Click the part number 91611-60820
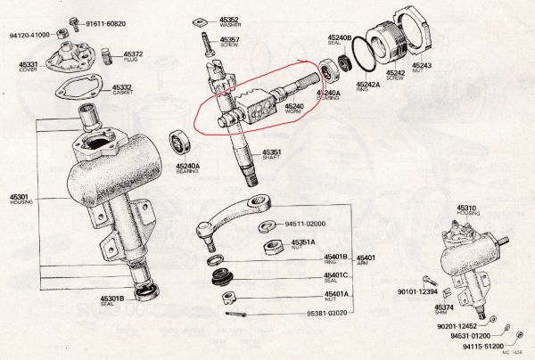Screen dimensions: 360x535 (x=105, y=22)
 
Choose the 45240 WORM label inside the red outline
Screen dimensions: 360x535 (x=295, y=108)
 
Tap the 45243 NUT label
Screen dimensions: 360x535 (x=422, y=68)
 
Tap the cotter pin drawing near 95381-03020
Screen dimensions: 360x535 (x=237, y=313)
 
